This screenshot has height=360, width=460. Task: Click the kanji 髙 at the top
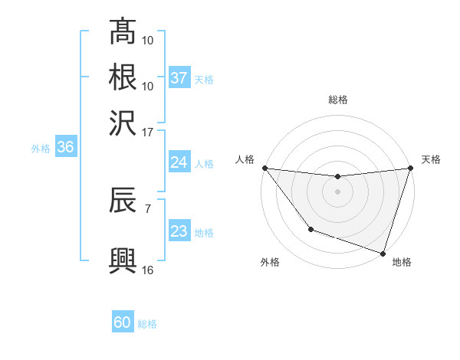coord(123,32)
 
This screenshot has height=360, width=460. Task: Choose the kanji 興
coord(123,259)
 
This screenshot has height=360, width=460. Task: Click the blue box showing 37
coord(179,78)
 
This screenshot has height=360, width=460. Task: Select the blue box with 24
coord(179,162)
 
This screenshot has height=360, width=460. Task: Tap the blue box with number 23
coord(179,231)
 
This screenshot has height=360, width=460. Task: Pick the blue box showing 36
coord(65,148)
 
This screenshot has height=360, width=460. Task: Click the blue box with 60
coord(123,322)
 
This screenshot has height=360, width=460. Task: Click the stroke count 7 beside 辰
coord(147,207)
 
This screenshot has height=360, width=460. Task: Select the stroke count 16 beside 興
coord(148,270)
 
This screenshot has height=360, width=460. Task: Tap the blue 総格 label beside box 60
coord(147,324)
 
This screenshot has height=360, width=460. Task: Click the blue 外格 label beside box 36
coord(40,149)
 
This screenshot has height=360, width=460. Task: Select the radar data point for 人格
coord(264,168)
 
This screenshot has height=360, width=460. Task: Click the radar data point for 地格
coord(383,253)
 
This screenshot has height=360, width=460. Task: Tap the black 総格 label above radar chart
coord(337,100)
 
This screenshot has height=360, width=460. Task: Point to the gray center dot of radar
coord(337,191)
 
